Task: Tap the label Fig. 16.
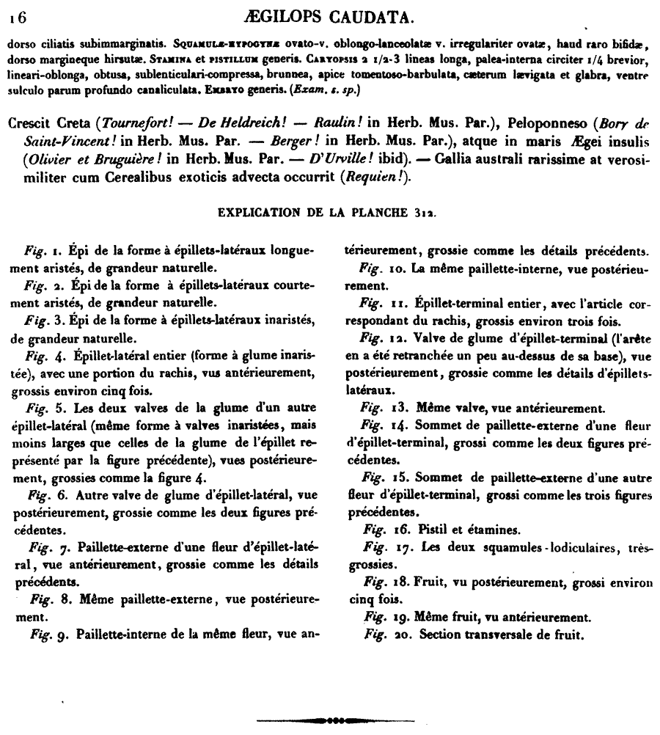point(381,528)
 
